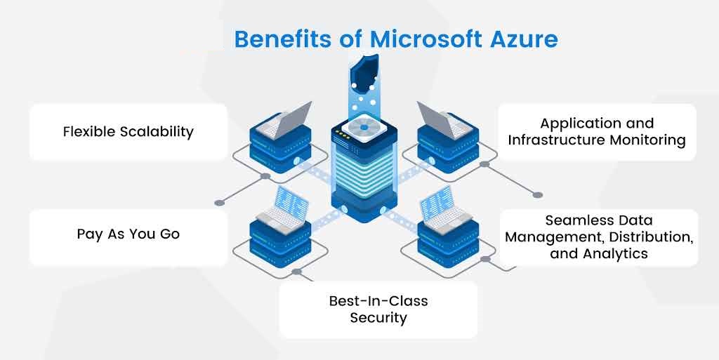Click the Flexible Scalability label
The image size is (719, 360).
128,132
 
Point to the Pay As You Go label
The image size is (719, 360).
128,234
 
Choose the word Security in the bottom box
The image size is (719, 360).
378,318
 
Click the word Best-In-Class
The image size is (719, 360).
378,301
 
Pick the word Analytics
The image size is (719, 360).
616,254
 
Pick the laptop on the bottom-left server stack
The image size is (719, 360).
283,208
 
